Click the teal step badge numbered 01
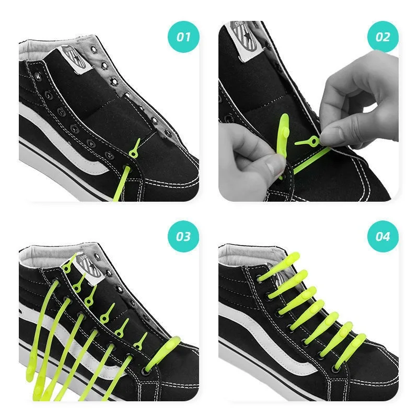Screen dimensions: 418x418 [183, 36]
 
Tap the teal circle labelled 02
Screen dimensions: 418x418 [383, 36]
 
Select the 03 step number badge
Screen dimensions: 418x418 [183, 236]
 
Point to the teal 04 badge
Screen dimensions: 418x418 [383, 236]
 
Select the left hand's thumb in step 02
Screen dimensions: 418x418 [272, 166]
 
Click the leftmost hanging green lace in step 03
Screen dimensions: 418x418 [44, 334]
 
